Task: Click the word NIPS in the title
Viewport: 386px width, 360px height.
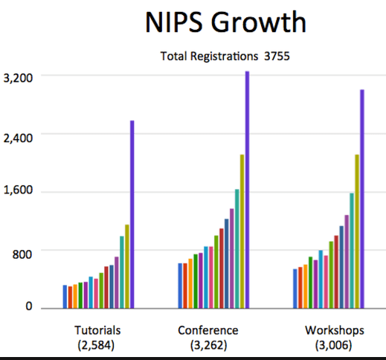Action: (x=174, y=22)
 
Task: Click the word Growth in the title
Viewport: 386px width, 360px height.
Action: (x=259, y=22)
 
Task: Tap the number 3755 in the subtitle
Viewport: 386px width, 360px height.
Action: (x=277, y=57)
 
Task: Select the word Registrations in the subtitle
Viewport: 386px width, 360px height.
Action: (x=225, y=57)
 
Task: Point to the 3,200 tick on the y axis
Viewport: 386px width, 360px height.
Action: (x=18, y=78)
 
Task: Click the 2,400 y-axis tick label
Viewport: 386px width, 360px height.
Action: (x=18, y=138)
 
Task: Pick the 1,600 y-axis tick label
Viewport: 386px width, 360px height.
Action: (x=18, y=190)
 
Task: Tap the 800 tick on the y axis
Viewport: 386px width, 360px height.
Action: (x=22, y=254)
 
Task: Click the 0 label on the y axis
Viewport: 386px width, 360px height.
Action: (x=29, y=306)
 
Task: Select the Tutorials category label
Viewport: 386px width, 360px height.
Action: (x=97, y=330)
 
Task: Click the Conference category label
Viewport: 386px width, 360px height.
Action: (x=208, y=330)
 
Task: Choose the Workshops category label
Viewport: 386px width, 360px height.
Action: (x=335, y=331)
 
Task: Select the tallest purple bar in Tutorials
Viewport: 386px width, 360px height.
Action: (x=132, y=214)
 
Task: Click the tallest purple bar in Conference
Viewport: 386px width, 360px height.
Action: (x=247, y=190)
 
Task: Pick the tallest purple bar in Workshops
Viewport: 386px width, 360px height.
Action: (x=362, y=199)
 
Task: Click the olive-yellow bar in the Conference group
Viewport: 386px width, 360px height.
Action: (x=242, y=231)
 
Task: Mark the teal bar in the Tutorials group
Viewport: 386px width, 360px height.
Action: (x=122, y=272)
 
